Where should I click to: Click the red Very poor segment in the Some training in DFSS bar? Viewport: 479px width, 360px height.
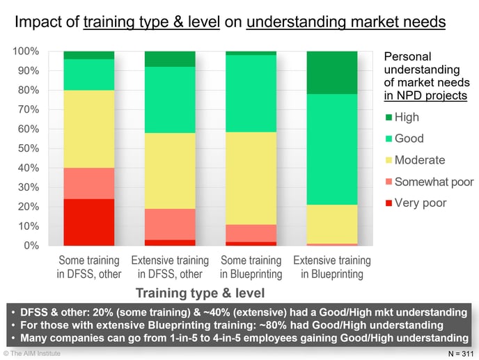[x=89, y=222]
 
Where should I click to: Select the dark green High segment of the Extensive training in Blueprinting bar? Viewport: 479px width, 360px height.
[x=332, y=72]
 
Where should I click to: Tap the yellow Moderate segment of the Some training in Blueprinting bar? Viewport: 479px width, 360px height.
[x=251, y=178]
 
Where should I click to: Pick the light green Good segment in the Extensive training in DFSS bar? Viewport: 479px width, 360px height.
[x=170, y=100]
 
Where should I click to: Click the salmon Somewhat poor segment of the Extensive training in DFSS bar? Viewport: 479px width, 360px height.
[x=170, y=225]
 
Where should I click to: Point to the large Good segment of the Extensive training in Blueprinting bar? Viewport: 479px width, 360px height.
[x=332, y=150]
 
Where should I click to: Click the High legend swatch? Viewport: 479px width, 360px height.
[x=388, y=118]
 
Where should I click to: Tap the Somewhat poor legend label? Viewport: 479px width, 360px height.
[x=434, y=182]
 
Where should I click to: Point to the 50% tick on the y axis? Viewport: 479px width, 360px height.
[x=29, y=148]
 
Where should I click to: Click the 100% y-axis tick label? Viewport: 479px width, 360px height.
[x=26, y=52]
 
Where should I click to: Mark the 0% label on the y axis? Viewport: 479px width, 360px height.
[x=31, y=246]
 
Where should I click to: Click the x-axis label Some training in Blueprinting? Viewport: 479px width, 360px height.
[x=251, y=267]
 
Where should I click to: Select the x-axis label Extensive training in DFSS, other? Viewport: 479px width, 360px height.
[x=170, y=267]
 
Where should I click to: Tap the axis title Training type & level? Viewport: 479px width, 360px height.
[x=200, y=292]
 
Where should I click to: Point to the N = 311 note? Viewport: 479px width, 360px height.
[x=461, y=354]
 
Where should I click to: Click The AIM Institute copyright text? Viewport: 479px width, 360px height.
[x=32, y=353]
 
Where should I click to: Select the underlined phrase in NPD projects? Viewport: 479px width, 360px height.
[x=425, y=95]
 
